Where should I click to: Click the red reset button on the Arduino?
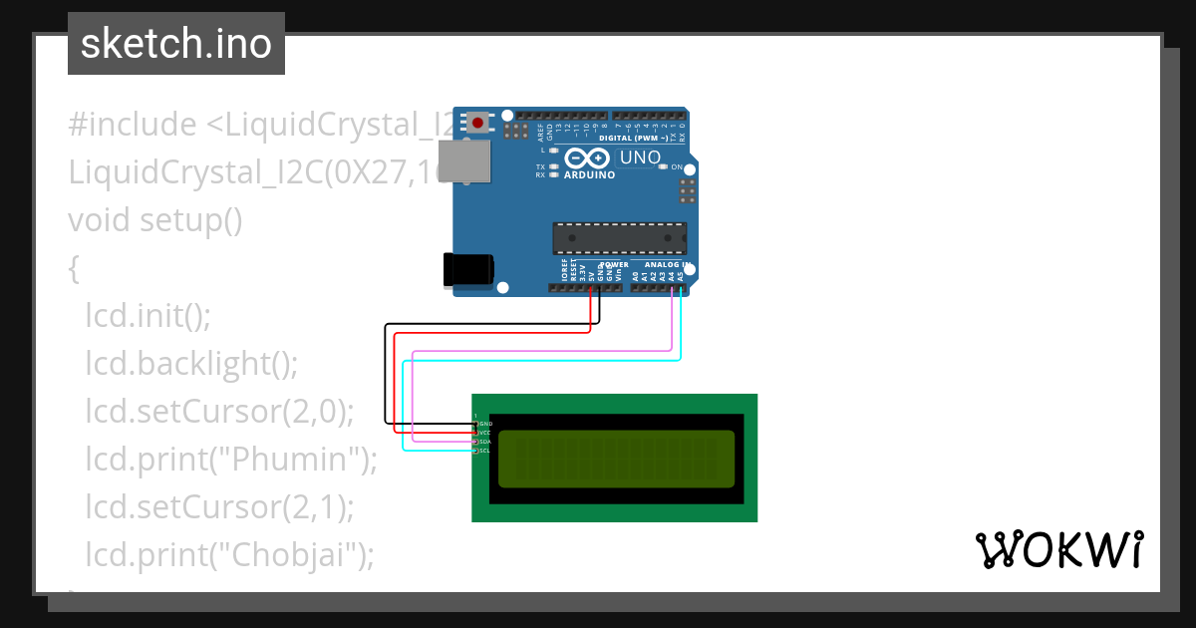click(x=479, y=124)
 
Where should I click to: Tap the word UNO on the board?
click(x=640, y=157)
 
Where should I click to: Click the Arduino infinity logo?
click(x=585, y=157)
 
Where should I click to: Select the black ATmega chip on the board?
click(x=619, y=238)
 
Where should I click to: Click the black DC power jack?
click(x=467, y=270)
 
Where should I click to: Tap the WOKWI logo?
click(x=1058, y=549)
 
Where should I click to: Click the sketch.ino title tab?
click(x=176, y=44)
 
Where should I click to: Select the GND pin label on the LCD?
click(x=486, y=424)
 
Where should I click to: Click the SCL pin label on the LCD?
click(x=485, y=451)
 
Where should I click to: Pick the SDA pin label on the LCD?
click(x=485, y=442)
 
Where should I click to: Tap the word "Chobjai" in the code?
click(x=295, y=553)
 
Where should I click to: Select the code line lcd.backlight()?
click(x=191, y=364)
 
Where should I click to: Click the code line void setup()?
click(x=154, y=219)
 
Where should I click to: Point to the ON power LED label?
click(x=677, y=166)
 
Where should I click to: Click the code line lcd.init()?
click(x=148, y=316)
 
